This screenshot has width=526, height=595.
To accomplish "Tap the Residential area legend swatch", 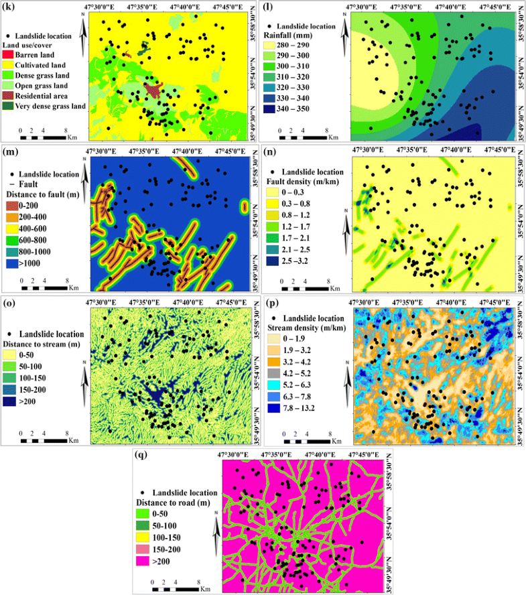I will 11,96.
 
